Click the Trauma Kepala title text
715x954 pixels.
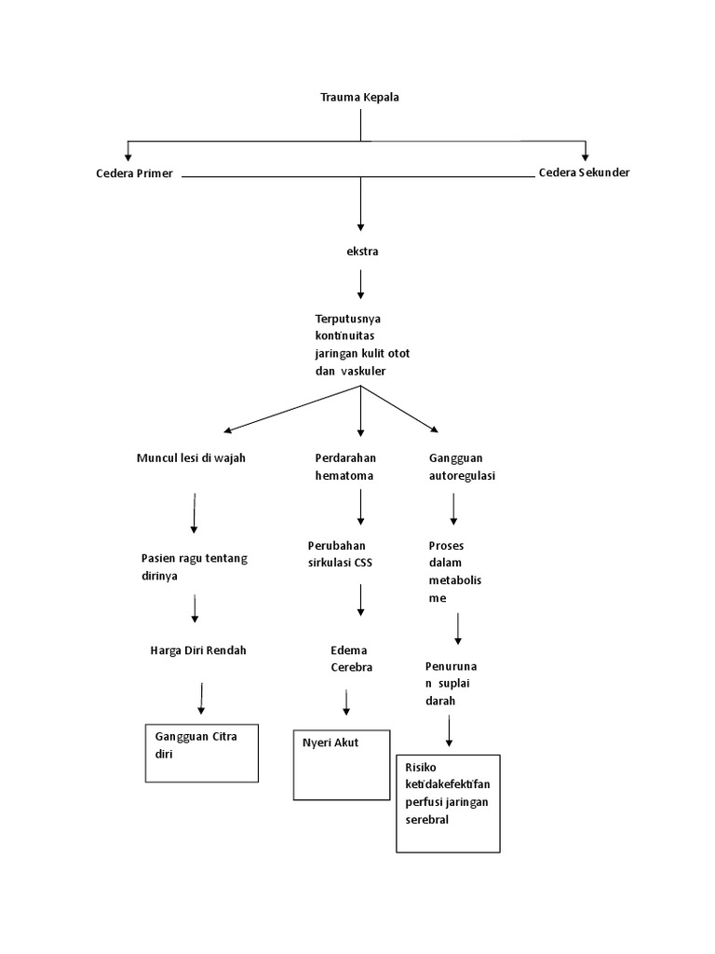coord(359,97)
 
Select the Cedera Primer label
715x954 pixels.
coord(134,174)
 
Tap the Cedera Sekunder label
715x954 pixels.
coord(584,173)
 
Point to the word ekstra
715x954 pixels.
coord(361,251)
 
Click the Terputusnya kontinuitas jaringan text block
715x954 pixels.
coord(362,345)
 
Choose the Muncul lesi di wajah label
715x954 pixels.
coord(191,458)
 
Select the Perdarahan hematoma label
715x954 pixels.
coord(344,467)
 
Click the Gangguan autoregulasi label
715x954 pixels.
coord(462,467)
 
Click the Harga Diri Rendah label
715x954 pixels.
coord(197,650)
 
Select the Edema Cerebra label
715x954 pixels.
coord(351,659)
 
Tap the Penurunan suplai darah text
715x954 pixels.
coord(457,684)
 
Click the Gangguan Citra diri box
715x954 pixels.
coord(201,752)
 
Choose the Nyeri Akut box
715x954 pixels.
coord(341,764)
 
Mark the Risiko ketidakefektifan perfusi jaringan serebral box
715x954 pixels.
coord(448,803)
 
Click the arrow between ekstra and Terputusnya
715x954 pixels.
coord(361,283)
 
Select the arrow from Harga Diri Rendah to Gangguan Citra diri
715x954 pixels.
coord(201,699)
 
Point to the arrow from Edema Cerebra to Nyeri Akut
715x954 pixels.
coord(346,703)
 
